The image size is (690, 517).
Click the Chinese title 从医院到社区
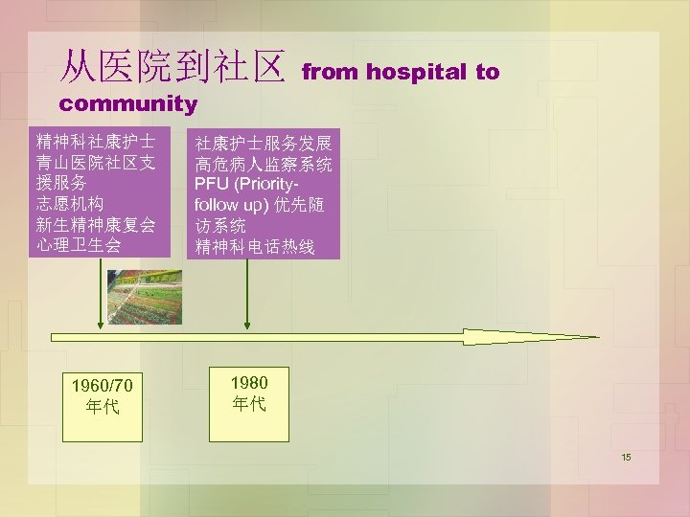pyautogui.click(x=172, y=67)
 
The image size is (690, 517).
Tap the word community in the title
pyautogui.click(x=127, y=103)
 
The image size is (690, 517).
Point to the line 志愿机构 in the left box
pyautogui.click(x=69, y=203)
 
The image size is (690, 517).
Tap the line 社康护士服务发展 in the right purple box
pyautogui.click(x=264, y=144)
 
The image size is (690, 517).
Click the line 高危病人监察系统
pyautogui.click(x=264, y=164)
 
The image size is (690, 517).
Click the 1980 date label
pyautogui.click(x=248, y=382)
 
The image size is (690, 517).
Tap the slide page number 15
pyautogui.click(x=626, y=458)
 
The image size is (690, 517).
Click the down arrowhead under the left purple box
pyautogui.click(x=101, y=323)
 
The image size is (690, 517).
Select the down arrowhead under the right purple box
pyautogui.click(x=247, y=323)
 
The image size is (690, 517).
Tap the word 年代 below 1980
pyautogui.click(x=248, y=403)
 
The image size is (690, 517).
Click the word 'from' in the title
pyautogui.click(x=331, y=73)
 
